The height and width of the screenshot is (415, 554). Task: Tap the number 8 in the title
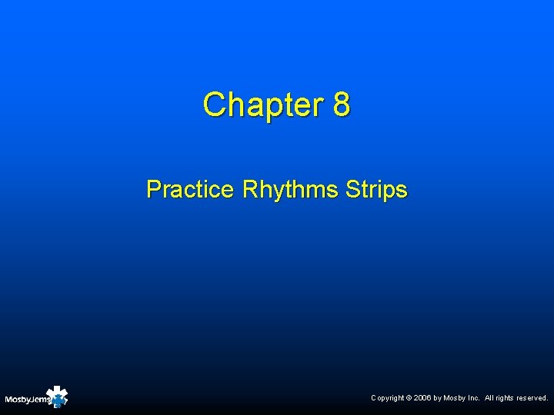point(342,105)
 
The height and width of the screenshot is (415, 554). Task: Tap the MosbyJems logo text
point(28,400)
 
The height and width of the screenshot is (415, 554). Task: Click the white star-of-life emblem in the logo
point(57,396)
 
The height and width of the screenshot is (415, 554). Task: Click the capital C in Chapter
point(213,105)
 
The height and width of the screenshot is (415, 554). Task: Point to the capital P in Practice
point(153,189)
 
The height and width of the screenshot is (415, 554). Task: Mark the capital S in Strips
point(352,189)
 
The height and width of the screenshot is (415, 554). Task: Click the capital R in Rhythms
point(249,189)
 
